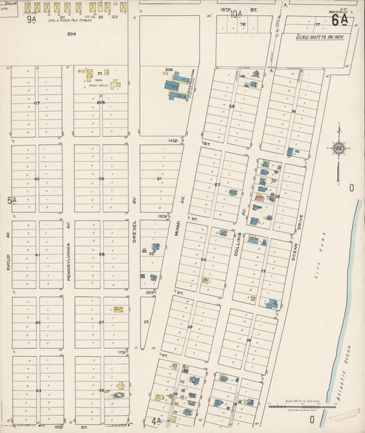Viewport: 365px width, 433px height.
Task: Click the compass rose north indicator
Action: tap(338, 148)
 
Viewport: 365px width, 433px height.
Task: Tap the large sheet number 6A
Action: tap(340, 20)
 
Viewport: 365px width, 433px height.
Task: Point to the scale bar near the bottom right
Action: tap(301, 406)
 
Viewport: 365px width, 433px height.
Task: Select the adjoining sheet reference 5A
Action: tap(12, 200)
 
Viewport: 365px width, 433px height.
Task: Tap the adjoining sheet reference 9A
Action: tap(31, 19)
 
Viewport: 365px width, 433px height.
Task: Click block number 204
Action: tap(71, 34)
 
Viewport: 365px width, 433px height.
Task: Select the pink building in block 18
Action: tap(258, 198)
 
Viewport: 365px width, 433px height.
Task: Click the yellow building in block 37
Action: tap(118, 310)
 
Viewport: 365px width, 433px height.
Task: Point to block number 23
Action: tap(146, 321)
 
